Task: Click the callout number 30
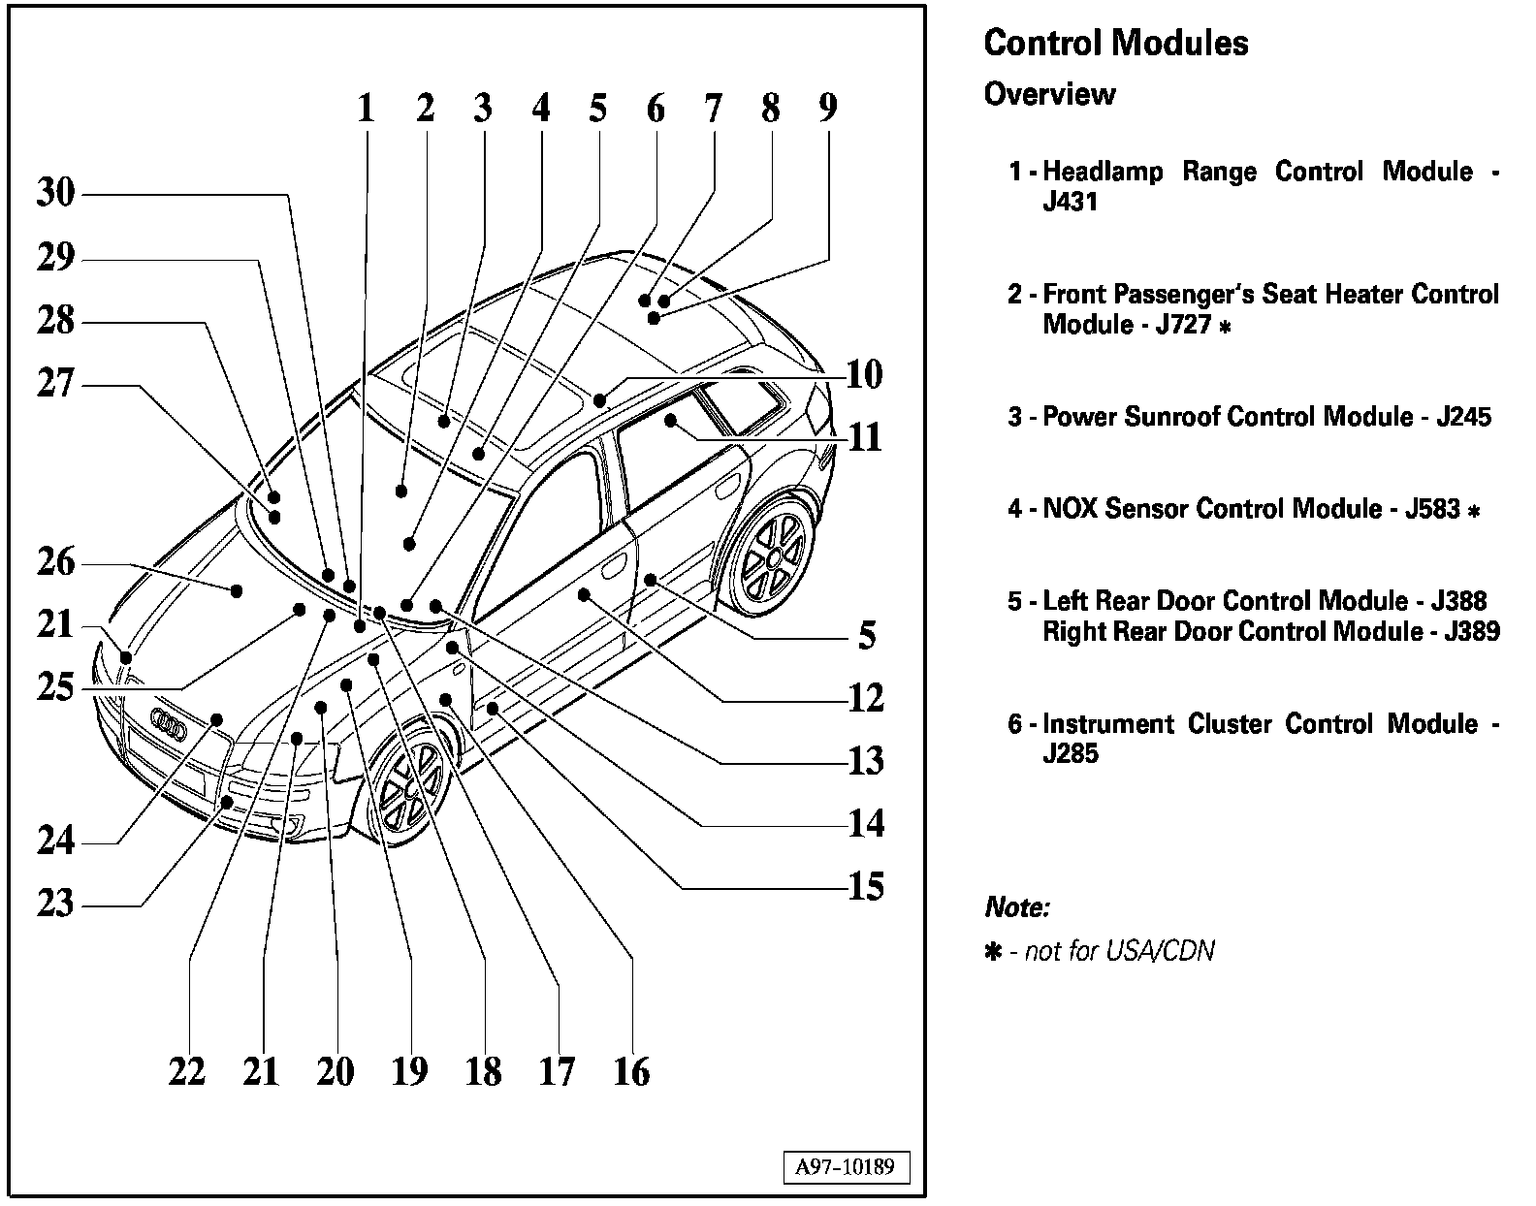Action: [x=55, y=193]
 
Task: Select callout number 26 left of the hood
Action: [x=55, y=562]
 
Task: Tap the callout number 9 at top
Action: [x=827, y=108]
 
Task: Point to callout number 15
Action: [x=866, y=887]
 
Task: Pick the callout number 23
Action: [x=55, y=904]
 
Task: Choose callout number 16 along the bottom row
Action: [x=631, y=1072]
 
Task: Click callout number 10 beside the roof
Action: [x=864, y=374]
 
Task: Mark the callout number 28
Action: [x=55, y=321]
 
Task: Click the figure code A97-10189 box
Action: [x=846, y=1167]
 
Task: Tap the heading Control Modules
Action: [x=1116, y=44]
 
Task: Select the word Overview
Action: [x=1049, y=95]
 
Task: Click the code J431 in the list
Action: [x=1070, y=203]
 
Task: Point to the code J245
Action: [x=1463, y=417]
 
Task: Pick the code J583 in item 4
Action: [x=1432, y=509]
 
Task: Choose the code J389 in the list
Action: [x=1471, y=632]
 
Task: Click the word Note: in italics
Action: [x=1017, y=908]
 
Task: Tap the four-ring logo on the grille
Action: [x=170, y=727]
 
